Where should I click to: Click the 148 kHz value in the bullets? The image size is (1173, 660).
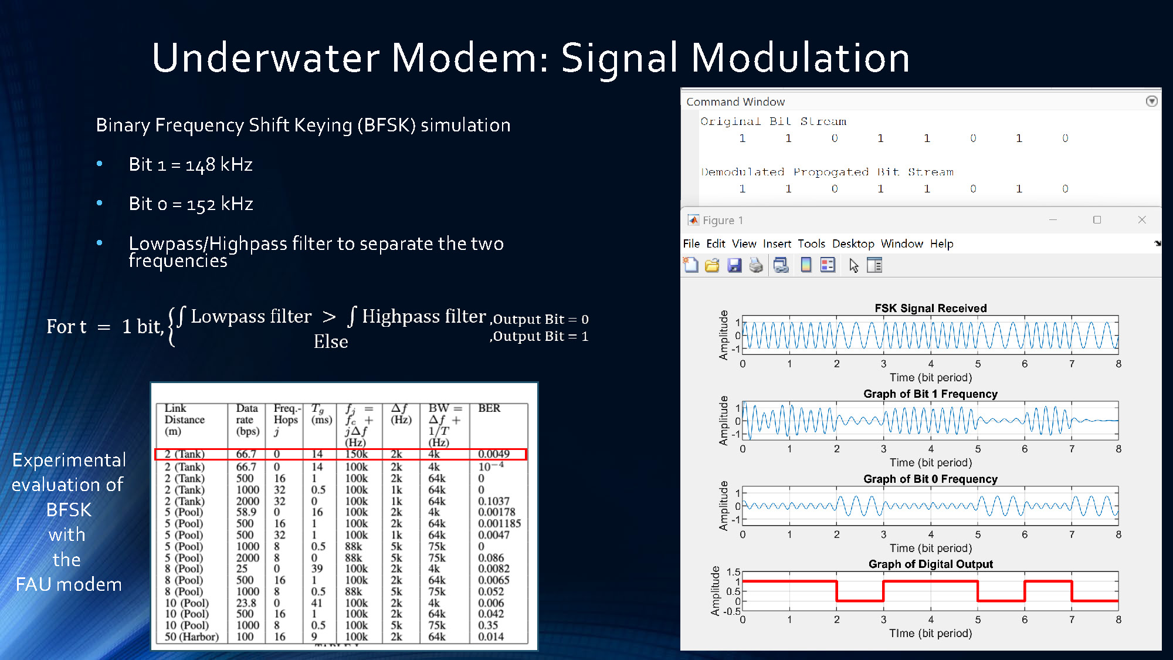coord(219,165)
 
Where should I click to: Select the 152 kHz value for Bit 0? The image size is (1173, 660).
coord(219,204)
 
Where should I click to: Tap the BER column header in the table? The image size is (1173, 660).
coord(489,408)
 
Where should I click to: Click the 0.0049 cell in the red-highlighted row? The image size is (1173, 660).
coord(493,454)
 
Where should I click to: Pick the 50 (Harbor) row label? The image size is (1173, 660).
coord(191,637)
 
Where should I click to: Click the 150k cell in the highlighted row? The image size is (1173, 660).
coord(356,454)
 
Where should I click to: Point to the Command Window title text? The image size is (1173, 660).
coord(735,102)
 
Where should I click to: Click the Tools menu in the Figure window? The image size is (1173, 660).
coord(811,244)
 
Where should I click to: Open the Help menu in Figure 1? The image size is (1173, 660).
coord(941,244)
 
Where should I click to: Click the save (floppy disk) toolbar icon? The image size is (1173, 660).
coord(734,266)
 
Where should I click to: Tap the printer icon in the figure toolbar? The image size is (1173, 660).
coord(756,266)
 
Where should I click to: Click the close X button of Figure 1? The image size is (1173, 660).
coord(1141,220)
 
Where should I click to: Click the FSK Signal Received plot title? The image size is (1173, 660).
coord(930,309)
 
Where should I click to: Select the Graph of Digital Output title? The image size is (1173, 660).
coord(930,564)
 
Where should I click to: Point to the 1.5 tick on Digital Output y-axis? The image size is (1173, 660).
coord(733,572)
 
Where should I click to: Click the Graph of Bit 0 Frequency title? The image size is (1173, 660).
coord(930,479)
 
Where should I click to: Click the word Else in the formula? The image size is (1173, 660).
coord(331,342)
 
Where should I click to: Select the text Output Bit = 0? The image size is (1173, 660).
coord(540,320)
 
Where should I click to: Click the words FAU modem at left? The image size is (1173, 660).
coord(69,585)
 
